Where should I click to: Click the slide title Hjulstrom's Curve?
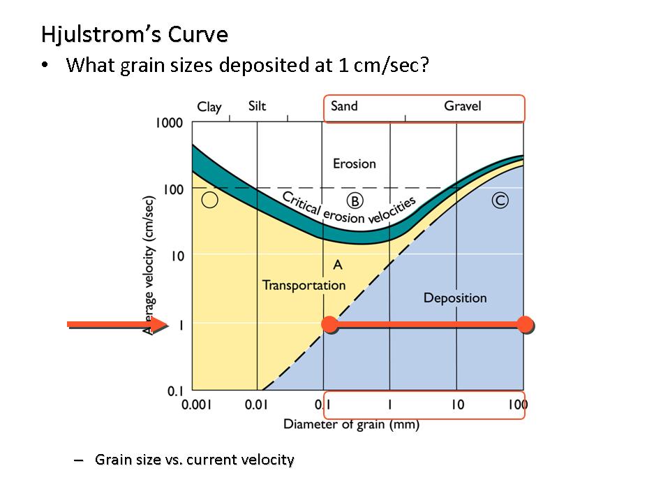135,34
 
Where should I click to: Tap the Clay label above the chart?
209,107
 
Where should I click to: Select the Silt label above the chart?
257,106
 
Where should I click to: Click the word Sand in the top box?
344,106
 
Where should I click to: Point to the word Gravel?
463,106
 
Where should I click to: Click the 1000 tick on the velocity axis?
168,124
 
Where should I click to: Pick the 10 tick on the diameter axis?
456,404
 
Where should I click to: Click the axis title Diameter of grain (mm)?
351,424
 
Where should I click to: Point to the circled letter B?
355,201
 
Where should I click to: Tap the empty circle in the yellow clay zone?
209,201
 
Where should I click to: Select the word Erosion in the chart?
354,163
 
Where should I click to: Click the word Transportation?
304,285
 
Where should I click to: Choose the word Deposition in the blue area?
455,298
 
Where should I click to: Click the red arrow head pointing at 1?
160,324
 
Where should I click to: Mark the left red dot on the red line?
329,324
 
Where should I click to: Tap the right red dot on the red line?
525,324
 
